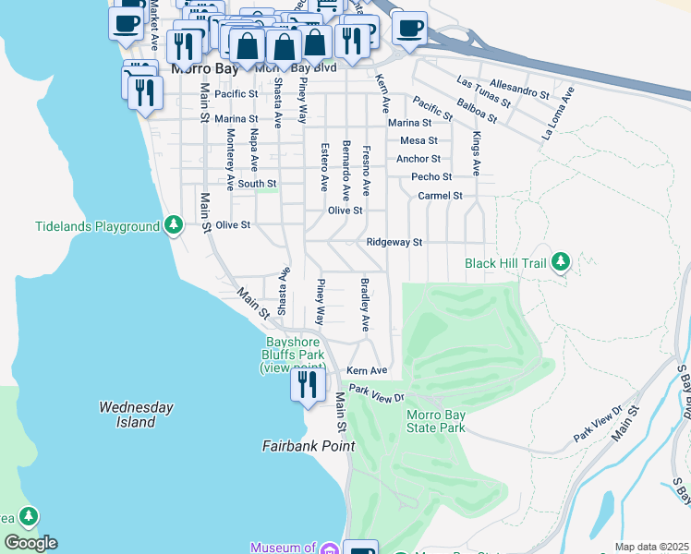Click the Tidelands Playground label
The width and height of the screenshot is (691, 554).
(x=97, y=226)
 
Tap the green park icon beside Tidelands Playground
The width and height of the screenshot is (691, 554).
(x=173, y=225)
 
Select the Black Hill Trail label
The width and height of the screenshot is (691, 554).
(x=506, y=263)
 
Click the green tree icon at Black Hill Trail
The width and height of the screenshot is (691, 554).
(x=560, y=263)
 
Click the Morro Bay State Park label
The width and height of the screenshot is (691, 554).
(x=436, y=421)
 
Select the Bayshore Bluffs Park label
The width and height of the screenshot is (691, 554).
(x=289, y=354)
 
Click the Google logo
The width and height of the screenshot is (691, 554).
(x=30, y=543)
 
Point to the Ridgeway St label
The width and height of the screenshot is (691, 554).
(x=394, y=243)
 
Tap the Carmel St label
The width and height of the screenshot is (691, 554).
(x=440, y=196)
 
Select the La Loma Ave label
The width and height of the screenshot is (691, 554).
(x=559, y=114)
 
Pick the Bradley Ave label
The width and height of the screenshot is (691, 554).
(x=365, y=305)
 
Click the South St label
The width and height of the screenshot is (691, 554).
(x=257, y=184)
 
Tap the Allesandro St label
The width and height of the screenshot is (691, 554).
(x=520, y=90)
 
